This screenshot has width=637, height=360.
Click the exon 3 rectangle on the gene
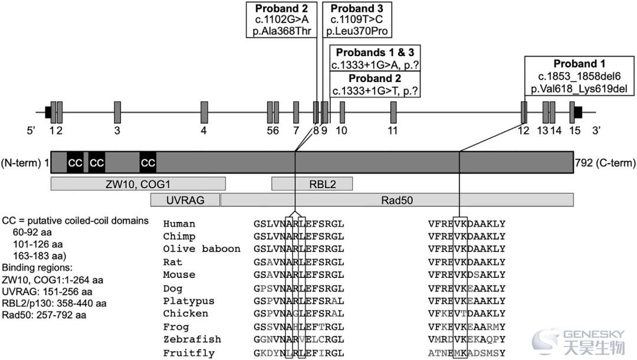point(117,113)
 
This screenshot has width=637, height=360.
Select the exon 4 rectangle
point(204,113)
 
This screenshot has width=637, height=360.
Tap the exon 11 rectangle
point(393,113)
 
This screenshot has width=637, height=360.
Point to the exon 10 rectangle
point(343,113)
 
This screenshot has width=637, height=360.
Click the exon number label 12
point(524,130)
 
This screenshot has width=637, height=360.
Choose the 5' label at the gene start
point(31,130)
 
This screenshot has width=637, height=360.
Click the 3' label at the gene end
point(596,130)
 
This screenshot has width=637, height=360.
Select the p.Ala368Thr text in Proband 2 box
point(281,31)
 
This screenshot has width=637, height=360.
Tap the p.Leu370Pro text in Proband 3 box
point(357,31)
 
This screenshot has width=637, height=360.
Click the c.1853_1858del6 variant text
point(579,76)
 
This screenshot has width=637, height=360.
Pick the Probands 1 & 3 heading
point(375,53)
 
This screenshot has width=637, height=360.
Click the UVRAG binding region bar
point(185,200)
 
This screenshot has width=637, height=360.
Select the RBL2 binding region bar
point(312,184)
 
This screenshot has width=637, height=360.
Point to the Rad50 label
point(397,200)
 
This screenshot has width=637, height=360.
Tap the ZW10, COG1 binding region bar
point(138,184)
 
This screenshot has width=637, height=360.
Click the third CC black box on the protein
point(148,162)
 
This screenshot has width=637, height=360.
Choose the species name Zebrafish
point(192,339)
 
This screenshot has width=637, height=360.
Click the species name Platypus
point(189,301)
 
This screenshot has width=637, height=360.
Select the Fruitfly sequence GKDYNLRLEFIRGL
point(299,353)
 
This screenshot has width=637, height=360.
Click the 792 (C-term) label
point(605,163)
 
